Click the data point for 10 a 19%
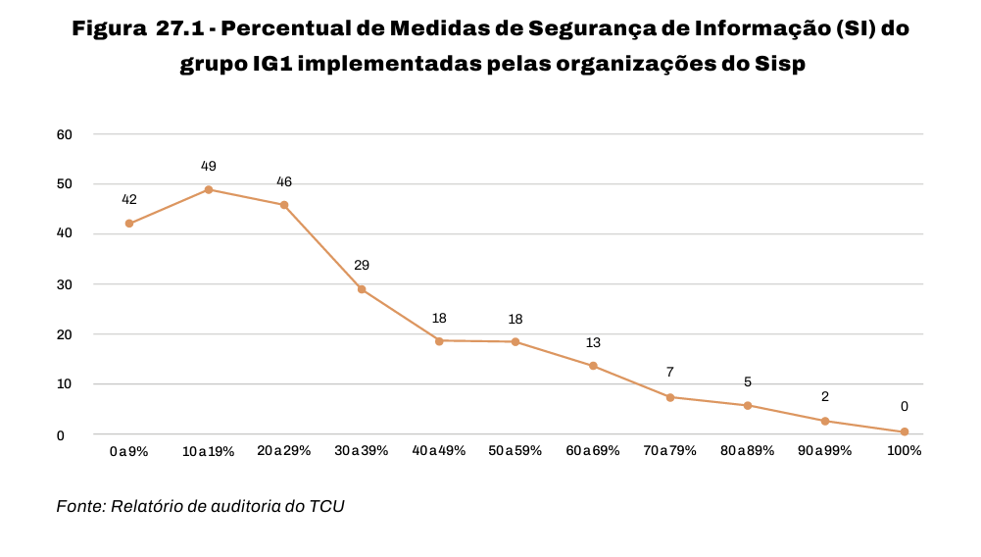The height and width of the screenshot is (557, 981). click(x=208, y=189)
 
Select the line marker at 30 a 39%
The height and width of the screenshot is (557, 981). click(x=362, y=289)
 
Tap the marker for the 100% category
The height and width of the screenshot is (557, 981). click(x=905, y=431)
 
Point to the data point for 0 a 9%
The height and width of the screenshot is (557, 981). click(x=128, y=224)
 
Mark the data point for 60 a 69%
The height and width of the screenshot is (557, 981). click(x=593, y=366)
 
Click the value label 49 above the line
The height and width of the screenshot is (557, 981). click(x=208, y=166)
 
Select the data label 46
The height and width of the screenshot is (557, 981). click(x=284, y=181)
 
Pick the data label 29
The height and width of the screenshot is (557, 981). click(x=362, y=265)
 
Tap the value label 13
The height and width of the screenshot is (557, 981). click(x=593, y=342)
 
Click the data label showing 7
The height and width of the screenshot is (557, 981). click(x=670, y=373)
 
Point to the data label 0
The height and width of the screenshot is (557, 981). click(x=904, y=407)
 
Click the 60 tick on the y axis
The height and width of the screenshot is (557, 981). click(x=65, y=134)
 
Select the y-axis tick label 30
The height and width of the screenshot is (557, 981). click(x=65, y=284)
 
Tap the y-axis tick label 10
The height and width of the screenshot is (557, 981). click(x=65, y=384)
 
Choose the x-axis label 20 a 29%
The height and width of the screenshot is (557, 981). click(x=284, y=451)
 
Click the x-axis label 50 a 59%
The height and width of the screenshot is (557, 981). click(x=515, y=451)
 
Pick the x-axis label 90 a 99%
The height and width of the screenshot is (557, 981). click(x=824, y=451)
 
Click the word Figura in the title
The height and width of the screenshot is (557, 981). click(x=109, y=28)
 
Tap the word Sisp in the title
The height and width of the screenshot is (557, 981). click(x=779, y=64)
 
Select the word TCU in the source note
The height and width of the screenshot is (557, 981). click(x=326, y=506)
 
